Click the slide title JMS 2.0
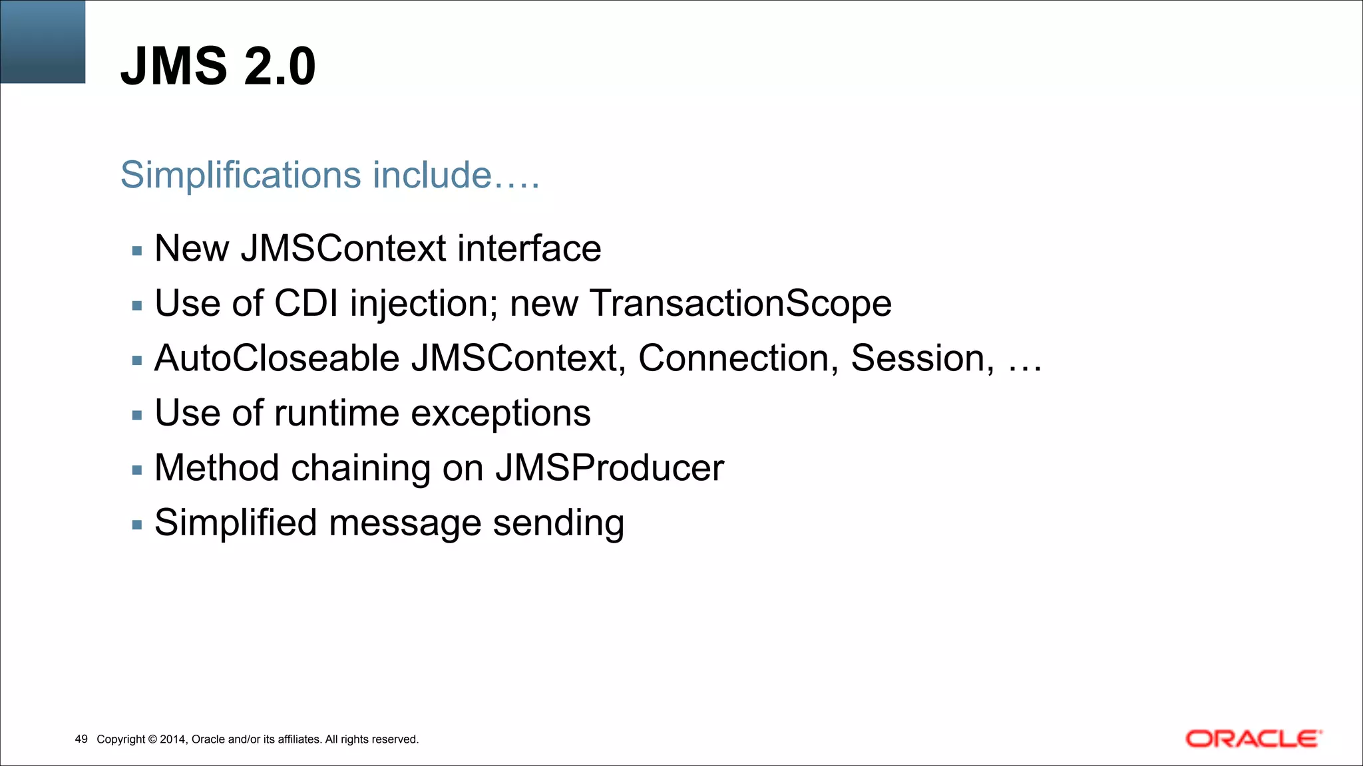pyautogui.click(x=218, y=66)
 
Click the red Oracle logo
pyautogui.click(x=1253, y=739)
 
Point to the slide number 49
pyautogui.click(x=81, y=739)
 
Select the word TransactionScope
pyautogui.click(x=740, y=303)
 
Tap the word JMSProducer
pyautogui.click(x=609, y=467)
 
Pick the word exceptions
pyautogui.click(x=500, y=414)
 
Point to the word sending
pyautogui.click(x=558, y=523)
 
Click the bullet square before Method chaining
pyautogui.click(x=137, y=470)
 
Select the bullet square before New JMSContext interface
pyautogui.click(x=137, y=251)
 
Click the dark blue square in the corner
pyautogui.click(x=43, y=41)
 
